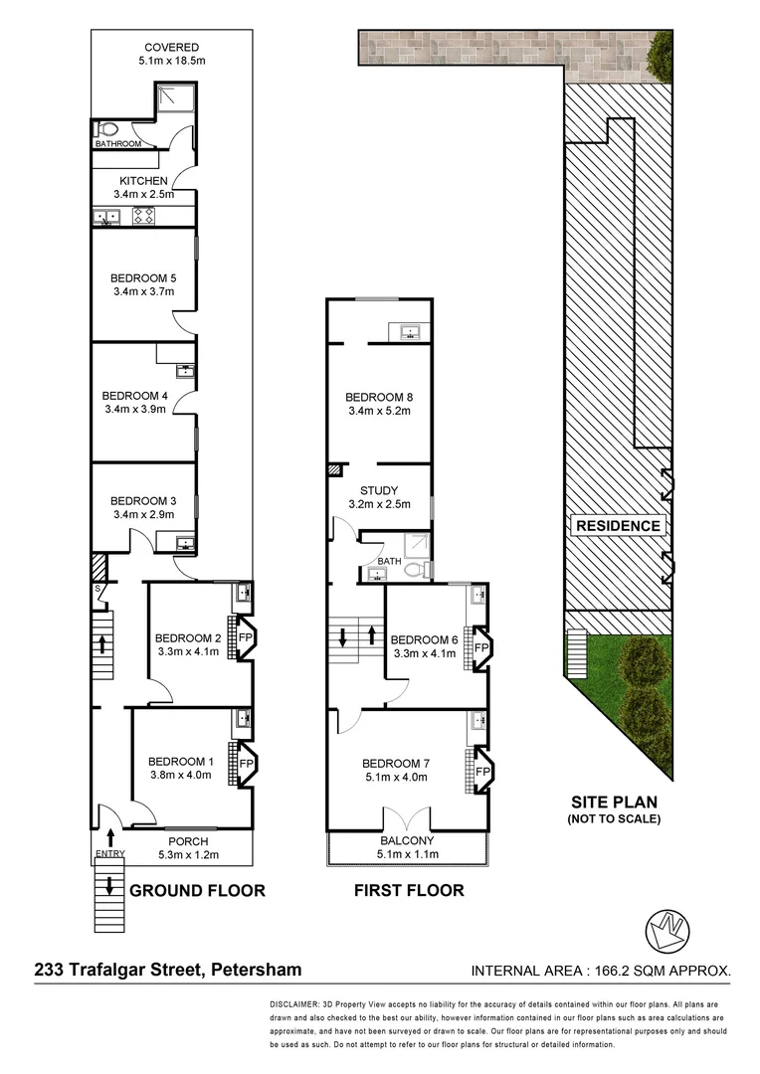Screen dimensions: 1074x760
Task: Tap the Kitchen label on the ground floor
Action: click(x=142, y=180)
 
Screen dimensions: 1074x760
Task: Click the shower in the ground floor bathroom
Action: click(x=175, y=97)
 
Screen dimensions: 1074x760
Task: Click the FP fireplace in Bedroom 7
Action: click(x=480, y=772)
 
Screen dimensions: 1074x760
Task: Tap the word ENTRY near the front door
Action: click(x=108, y=854)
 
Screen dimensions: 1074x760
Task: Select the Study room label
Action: click(x=378, y=490)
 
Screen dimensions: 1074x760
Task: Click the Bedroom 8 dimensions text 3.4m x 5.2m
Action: click(x=378, y=411)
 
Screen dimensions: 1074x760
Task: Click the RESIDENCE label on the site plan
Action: click(x=617, y=526)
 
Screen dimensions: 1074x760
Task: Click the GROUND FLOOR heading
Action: click(x=197, y=891)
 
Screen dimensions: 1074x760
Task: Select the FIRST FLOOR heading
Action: click(x=409, y=891)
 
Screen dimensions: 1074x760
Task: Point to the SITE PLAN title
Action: click(x=615, y=802)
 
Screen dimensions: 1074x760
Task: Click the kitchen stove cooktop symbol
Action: click(x=141, y=217)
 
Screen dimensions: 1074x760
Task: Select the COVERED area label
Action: click(x=171, y=47)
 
